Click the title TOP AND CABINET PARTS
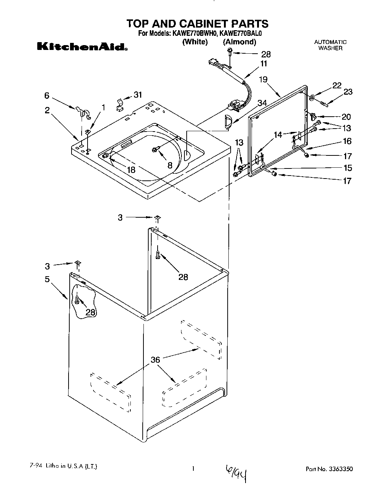tap(197, 24)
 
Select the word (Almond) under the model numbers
tap(240, 42)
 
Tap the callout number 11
tap(263, 64)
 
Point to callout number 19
tap(263, 79)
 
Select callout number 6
tap(47, 95)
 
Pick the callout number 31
tap(138, 95)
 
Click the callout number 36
tap(155, 360)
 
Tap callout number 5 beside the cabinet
tap(47, 279)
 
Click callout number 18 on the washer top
tap(130, 170)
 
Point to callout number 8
tap(170, 165)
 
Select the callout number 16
tap(347, 141)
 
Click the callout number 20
tap(346, 117)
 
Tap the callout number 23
tap(348, 92)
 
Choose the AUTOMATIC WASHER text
tap(330, 45)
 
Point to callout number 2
tap(47, 111)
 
